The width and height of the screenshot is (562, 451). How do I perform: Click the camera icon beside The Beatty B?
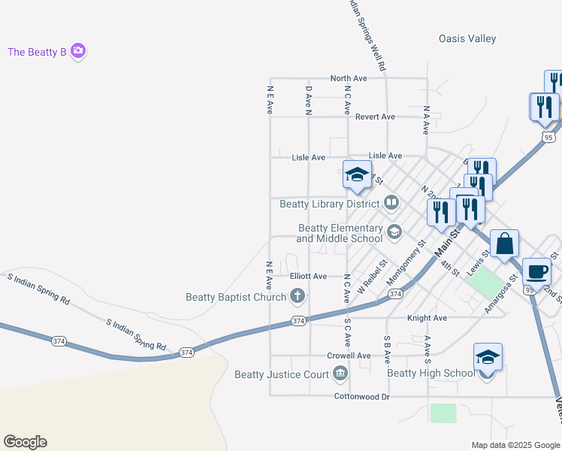coord(78,52)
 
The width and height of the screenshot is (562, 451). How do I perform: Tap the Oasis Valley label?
coord(467,39)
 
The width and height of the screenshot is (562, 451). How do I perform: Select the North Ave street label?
coord(349,78)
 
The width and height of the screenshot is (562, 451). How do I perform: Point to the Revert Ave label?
coord(375,117)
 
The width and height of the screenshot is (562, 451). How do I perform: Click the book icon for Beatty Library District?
coord(391,202)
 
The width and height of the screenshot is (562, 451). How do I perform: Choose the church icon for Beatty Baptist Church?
coord(298,296)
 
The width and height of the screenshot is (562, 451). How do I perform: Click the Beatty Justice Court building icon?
coord(340,374)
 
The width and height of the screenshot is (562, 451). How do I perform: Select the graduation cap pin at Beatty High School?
coord(488,358)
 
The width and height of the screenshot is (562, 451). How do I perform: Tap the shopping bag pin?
coord(505,244)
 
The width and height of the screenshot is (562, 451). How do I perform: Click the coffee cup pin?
coord(536,271)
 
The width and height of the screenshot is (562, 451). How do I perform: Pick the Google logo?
coord(25,442)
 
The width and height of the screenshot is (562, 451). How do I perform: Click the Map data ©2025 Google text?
coord(515,445)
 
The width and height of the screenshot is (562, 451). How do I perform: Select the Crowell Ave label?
coord(349,356)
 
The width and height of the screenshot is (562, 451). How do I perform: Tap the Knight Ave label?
coord(427,318)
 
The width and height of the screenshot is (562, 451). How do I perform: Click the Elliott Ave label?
coord(308,277)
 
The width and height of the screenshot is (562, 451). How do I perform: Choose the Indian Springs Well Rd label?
coord(369,35)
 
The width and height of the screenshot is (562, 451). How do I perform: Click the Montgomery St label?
coord(406,262)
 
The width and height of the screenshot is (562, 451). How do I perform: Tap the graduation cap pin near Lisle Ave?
coord(357,175)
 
